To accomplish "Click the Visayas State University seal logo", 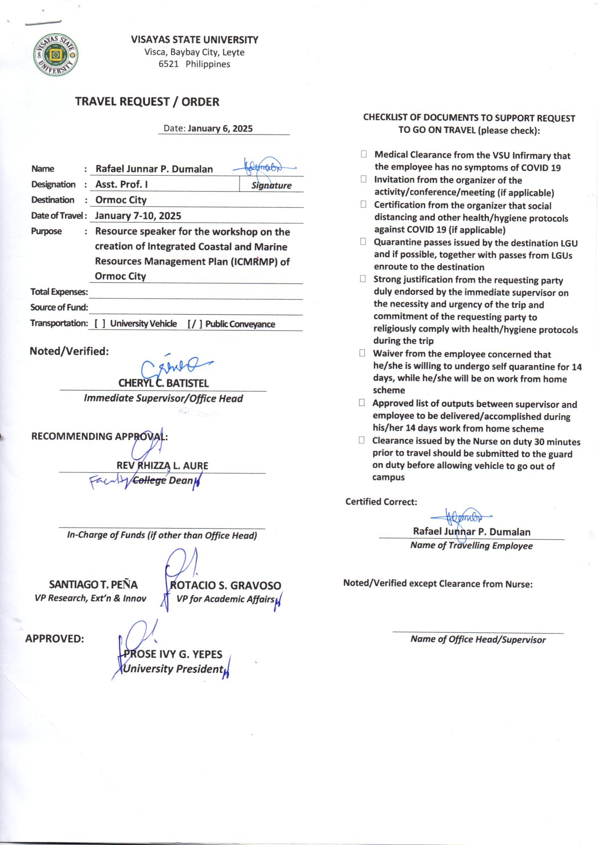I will click(x=56, y=56).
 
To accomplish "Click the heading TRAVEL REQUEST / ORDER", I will click(x=147, y=102).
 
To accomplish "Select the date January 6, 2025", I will click(x=220, y=128).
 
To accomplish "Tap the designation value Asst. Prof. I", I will click(x=121, y=184).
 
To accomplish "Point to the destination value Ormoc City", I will click(x=121, y=200).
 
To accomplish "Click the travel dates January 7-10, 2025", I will click(x=138, y=216).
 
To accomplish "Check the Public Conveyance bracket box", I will click(x=195, y=324).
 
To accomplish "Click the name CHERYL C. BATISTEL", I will click(x=163, y=383).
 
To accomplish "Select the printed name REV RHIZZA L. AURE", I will click(x=162, y=466).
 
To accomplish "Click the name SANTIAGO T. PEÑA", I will click(x=93, y=584).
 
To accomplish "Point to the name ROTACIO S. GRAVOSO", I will click(x=225, y=585).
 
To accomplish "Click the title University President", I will click(x=173, y=669).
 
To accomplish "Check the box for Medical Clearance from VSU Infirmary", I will click(x=364, y=154).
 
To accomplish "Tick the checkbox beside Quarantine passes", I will click(x=363, y=242).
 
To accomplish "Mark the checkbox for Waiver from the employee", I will click(x=362, y=353).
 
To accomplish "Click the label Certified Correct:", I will click(x=381, y=502).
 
